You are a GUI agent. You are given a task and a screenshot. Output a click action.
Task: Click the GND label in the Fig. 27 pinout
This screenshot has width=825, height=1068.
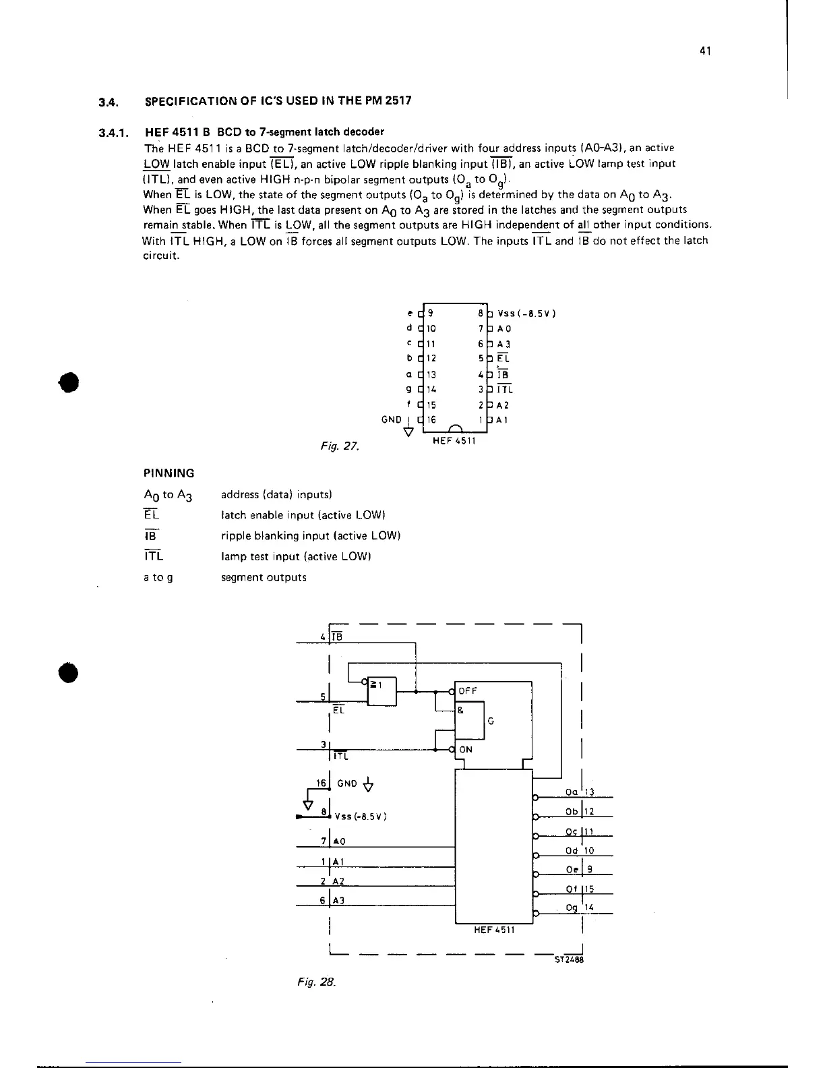(392, 419)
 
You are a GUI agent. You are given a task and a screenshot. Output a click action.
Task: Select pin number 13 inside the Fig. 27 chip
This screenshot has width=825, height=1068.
(432, 374)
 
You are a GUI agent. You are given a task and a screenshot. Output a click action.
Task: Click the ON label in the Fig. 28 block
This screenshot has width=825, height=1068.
(466, 750)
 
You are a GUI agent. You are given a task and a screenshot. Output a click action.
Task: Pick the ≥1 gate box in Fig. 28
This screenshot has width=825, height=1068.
(382, 690)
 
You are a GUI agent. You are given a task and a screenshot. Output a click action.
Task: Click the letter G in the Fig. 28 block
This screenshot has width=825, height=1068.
(491, 721)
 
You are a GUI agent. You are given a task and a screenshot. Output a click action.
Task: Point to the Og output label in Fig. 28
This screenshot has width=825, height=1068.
(572, 908)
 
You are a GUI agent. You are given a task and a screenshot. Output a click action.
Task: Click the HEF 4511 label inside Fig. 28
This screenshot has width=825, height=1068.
(494, 930)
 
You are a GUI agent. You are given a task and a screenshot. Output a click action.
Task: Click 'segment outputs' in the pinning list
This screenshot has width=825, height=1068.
(264, 578)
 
